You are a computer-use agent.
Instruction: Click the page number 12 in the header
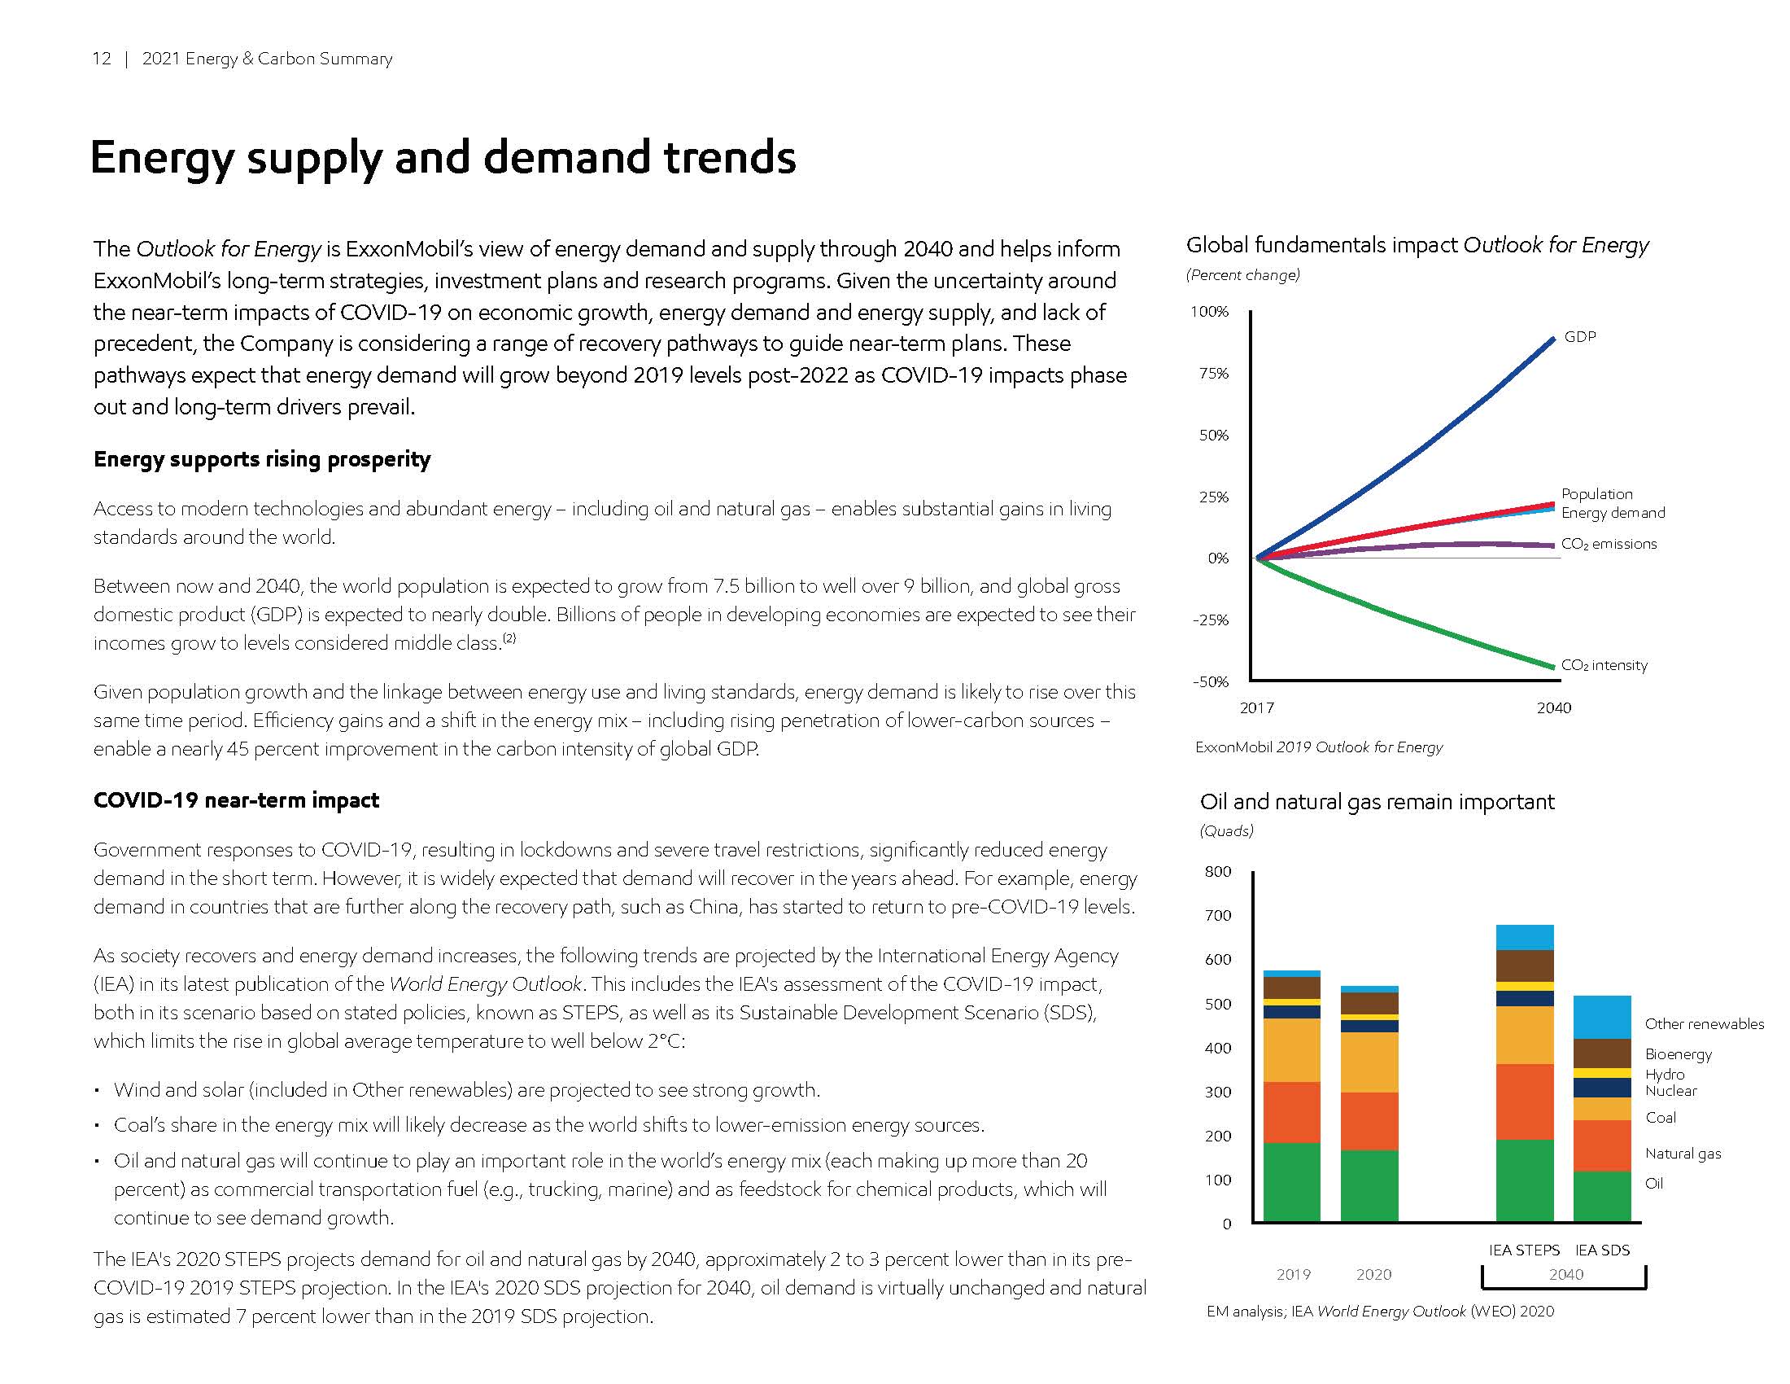pyautogui.click(x=101, y=59)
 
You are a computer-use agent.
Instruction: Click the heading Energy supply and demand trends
pyautogui.click(x=443, y=157)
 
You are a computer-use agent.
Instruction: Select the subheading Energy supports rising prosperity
pyautogui.click(x=261, y=459)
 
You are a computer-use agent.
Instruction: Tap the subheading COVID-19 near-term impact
pyautogui.click(x=236, y=800)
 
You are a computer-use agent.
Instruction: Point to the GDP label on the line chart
pyautogui.click(x=1579, y=337)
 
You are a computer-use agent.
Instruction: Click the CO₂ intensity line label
pyautogui.click(x=1603, y=665)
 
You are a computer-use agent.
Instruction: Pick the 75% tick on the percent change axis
pyautogui.click(x=1213, y=374)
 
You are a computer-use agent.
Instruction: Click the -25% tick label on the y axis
pyautogui.click(x=1211, y=620)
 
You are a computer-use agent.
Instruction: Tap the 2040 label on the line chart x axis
pyautogui.click(x=1553, y=707)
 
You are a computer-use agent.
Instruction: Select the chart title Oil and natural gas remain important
pyautogui.click(x=1376, y=802)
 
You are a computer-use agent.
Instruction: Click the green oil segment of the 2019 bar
pyautogui.click(x=1291, y=1180)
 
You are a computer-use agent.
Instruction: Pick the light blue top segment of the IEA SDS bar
pyautogui.click(x=1601, y=1017)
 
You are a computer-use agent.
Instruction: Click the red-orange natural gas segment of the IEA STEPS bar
pyautogui.click(x=1525, y=1102)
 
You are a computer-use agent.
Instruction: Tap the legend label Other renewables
pyautogui.click(x=1703, y=1024)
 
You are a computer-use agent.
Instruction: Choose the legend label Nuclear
pyautogui.click(x=1670, y=1091)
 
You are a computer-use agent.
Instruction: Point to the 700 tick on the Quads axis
pyautogui.click(x=1217, y=916)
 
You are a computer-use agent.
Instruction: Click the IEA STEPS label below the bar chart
pyautogui.click(x=1524, y=1250)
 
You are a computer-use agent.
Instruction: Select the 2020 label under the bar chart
pyautogui.click(x=1373, y=1274)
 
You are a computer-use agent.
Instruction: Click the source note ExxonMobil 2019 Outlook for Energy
pyautogui.click(x=1318, y=747)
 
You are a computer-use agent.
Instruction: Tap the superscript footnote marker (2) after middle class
pyautogui.click(x=509, y=639)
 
